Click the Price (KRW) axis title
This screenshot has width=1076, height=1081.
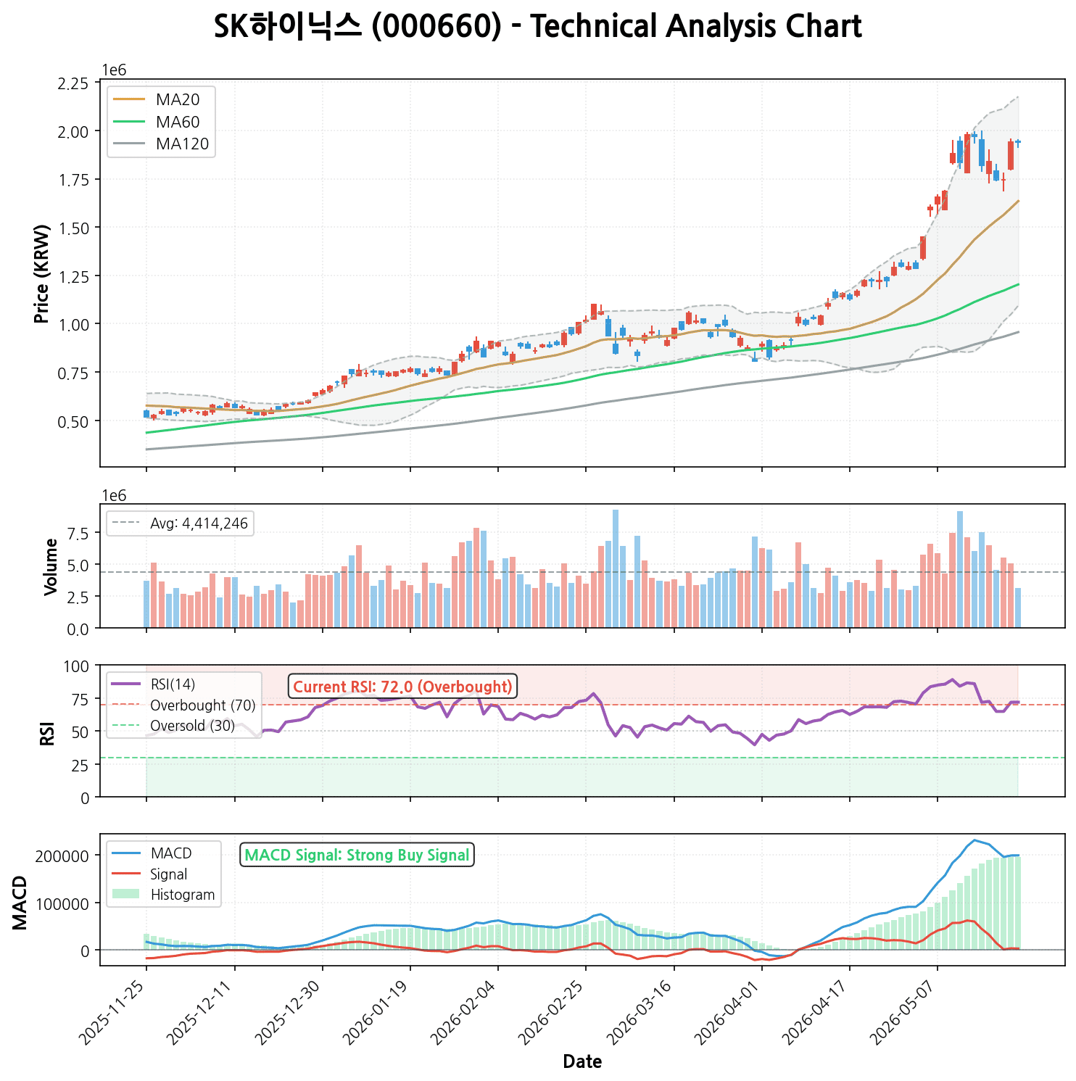(x=42, y=273)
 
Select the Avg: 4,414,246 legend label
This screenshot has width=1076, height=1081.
(x=181, y=523)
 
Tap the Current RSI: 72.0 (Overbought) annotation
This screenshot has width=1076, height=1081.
(x=403, y=687)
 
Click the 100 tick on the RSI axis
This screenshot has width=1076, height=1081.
(x=77, y=666)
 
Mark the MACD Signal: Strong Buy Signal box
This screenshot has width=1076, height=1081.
(x=357, y=855)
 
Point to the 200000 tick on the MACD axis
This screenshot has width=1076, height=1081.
(x=64, y=856)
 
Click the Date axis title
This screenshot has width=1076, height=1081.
(x=582, y=1062)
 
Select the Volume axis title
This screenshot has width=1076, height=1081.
(x=51, y=567)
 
